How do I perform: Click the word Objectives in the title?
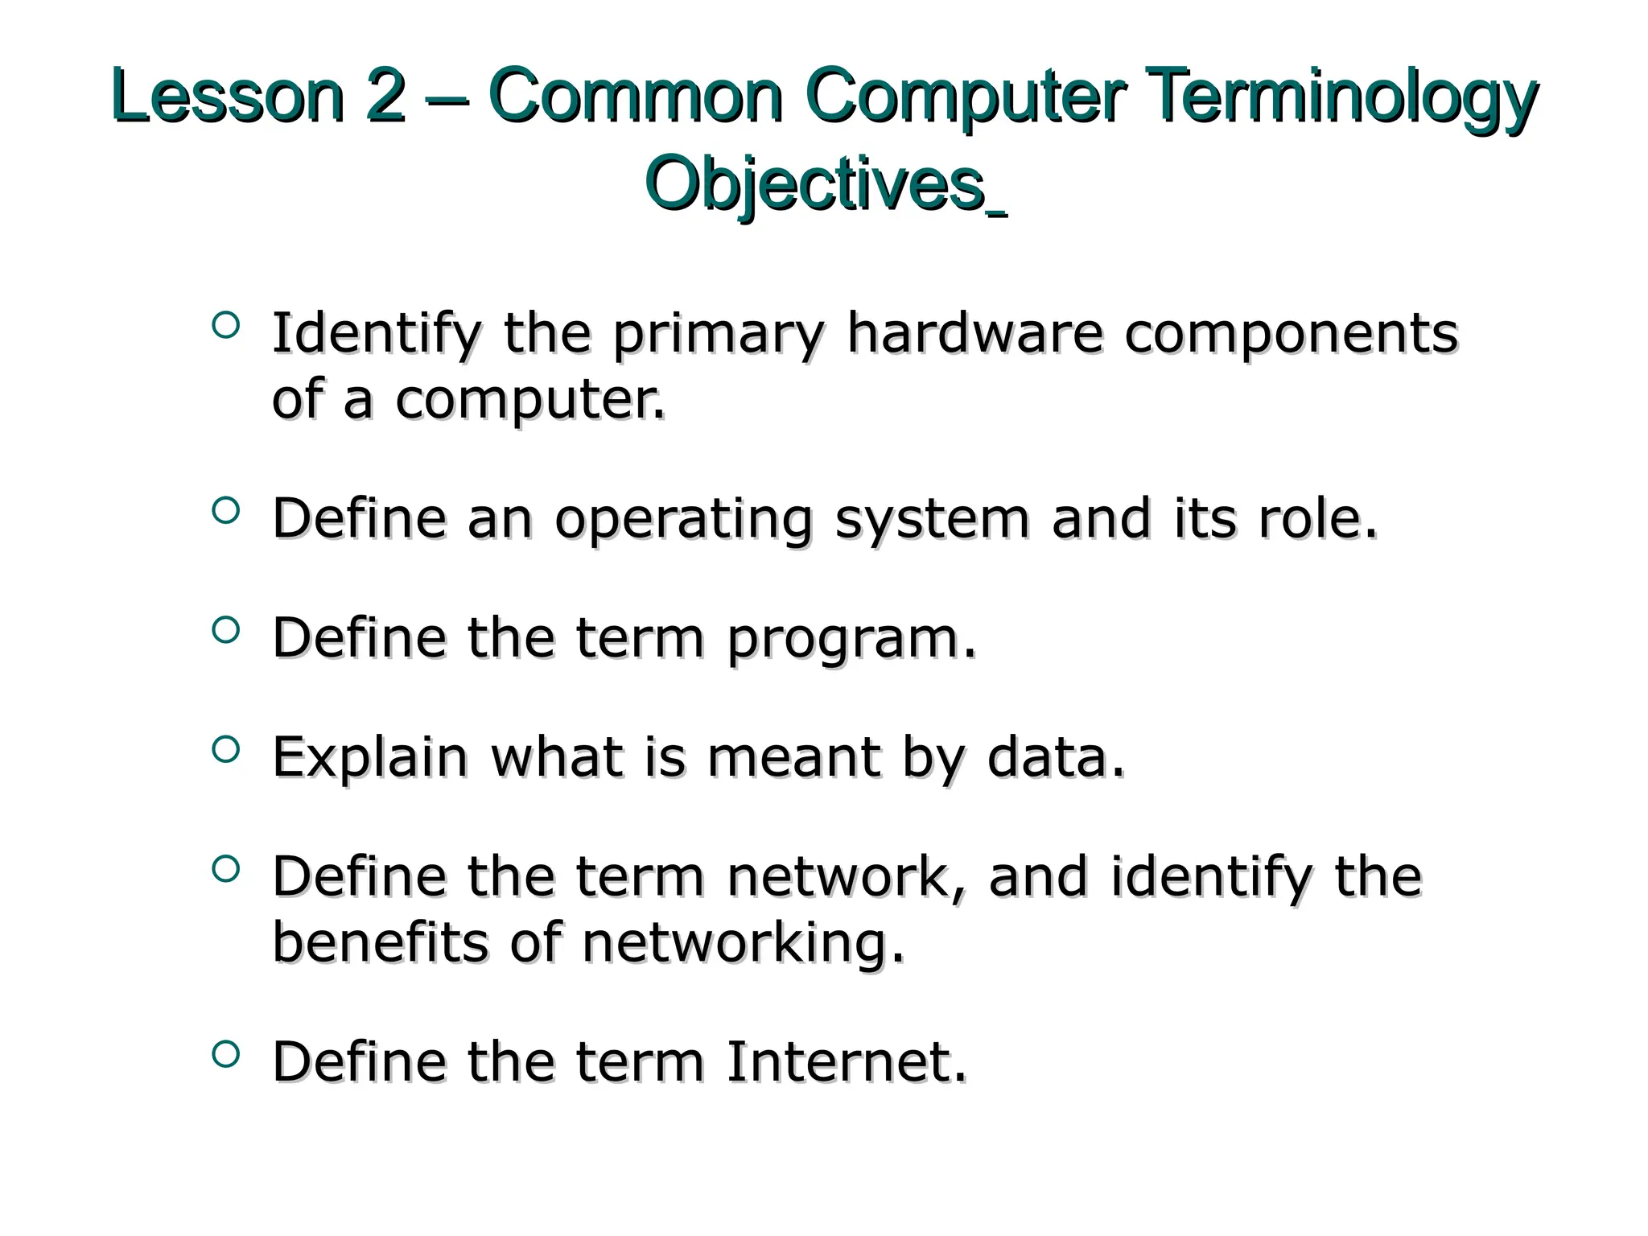pyautogui.click(x=815, y=185)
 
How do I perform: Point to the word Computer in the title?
pyautogui.click(x=963, y=98)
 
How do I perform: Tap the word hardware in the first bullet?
pyautogui.click(x=974, y=333)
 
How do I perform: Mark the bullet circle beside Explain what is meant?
pyautogui.click(x=226, y=748)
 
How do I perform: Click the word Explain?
pyautogui.click(x=370, y=758)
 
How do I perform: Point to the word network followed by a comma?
pyautogui.click(x=837, y=876)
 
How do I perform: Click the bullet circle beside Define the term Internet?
pyautogui.click(x=226, y=1053)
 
